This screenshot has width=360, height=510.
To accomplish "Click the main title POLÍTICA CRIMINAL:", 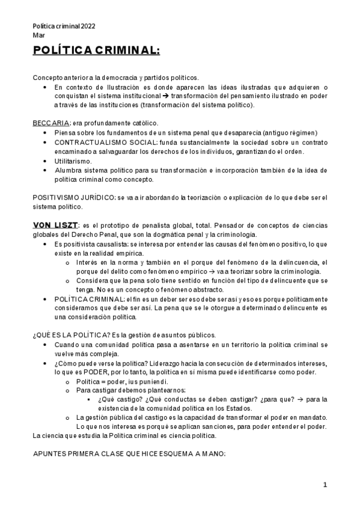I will (x=96, y=51).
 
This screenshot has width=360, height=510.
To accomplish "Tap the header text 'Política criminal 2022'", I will (x=64, y=26).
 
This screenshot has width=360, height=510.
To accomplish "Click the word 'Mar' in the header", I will (x=38, y=35).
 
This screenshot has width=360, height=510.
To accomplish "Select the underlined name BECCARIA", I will (x=48, y=123).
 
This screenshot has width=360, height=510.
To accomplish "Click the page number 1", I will (x=325, y=485).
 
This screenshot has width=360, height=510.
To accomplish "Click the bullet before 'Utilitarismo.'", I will (x=46, y=161).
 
